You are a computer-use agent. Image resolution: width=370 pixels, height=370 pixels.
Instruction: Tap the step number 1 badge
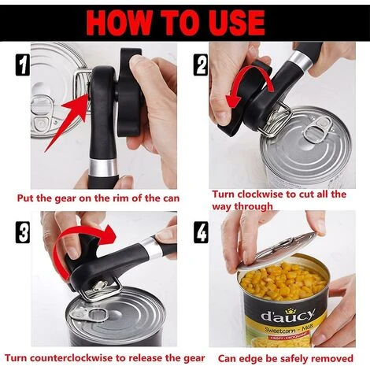[x=23, y=64]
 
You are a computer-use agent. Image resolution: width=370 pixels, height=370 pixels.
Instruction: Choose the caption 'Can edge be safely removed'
[x=280, y=358]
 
